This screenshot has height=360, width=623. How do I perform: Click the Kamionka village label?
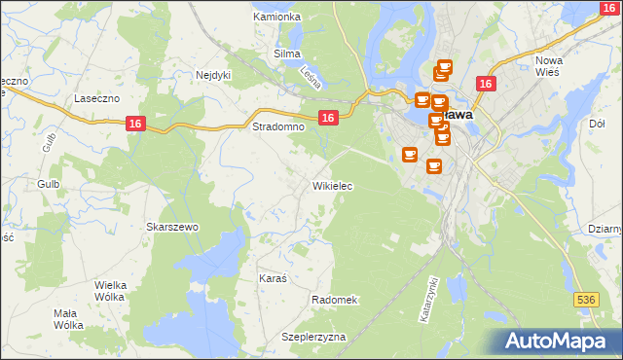coord(277,17)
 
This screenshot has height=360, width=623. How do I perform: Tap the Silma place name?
coord(287,54)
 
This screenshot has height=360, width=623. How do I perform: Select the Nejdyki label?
coord(212,74)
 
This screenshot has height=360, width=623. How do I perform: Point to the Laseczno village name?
coord(96,98)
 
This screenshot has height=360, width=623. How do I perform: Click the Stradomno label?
coord(273,126)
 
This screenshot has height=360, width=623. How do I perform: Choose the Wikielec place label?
coord(332,185)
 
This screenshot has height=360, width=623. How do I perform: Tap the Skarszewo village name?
coord(172,227)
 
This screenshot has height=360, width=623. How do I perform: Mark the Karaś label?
coord(273,277)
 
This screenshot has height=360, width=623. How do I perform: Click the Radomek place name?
coord(335,300)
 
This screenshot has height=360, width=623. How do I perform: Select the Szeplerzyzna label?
coord(313,336)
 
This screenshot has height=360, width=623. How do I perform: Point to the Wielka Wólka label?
coord(110,290)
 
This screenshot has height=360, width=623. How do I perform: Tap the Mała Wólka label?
coord(67,318)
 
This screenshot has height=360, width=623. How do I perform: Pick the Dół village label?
coord(598,124)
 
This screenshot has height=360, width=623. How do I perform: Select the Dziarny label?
coord(605,229)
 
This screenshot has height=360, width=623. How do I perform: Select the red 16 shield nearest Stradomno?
coord(328,118)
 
